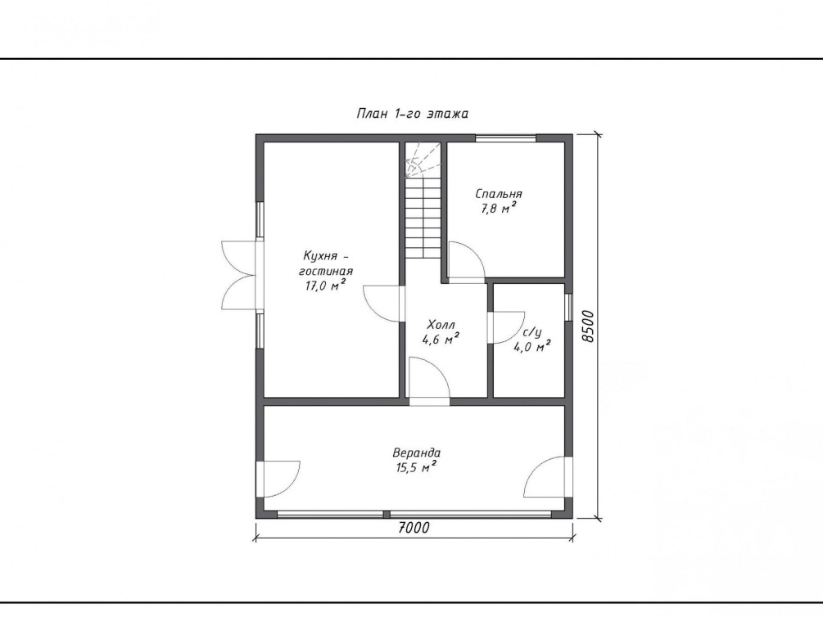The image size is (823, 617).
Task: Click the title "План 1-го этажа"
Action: (x=412, y=113)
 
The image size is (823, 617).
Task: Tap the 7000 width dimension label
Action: (x=414, y=527)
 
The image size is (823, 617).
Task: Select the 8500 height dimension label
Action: (x=589, y=327)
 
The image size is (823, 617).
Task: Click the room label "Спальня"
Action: (x=499, y=194)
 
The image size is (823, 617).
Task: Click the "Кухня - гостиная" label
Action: (x=325, y=263)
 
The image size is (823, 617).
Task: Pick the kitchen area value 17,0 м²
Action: (x=325, y=286)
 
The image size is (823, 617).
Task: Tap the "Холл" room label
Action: (x=441, y=324)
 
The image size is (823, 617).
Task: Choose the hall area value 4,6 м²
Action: (x=441, y=339)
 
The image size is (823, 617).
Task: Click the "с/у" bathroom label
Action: (x=531, y=332)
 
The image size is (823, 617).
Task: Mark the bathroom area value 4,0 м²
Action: (x=531, y=346)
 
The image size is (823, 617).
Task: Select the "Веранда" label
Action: (x=416, y=453)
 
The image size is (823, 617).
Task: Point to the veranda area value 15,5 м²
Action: (x=416, y=467)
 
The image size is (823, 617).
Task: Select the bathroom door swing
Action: (x=507, y=327)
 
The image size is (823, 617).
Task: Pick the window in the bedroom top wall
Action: (x=506, y=138)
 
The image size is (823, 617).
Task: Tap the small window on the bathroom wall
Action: (x=568, y=307)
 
